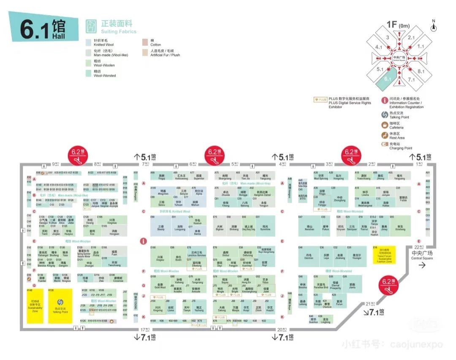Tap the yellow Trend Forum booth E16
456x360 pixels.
384,255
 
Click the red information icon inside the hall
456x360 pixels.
144,241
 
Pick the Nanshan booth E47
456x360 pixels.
309,226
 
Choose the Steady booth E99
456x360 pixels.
160,226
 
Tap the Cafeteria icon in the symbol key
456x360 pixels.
384,125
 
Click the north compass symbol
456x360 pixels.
433,27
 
